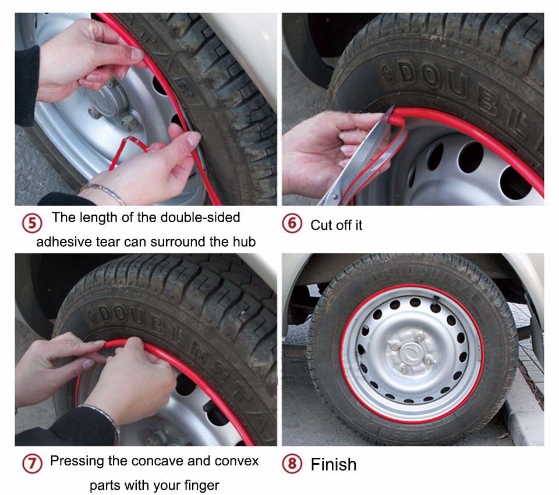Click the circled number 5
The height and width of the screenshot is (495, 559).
(32, 223)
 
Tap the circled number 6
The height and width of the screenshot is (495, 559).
(292, 223)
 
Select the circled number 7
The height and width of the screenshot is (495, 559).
(32, 464)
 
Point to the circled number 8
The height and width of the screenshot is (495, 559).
(292, 464)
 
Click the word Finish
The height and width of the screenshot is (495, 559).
(333, 464)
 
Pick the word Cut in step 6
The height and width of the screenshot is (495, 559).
(320, 225)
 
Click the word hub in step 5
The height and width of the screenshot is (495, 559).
(245, 241)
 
